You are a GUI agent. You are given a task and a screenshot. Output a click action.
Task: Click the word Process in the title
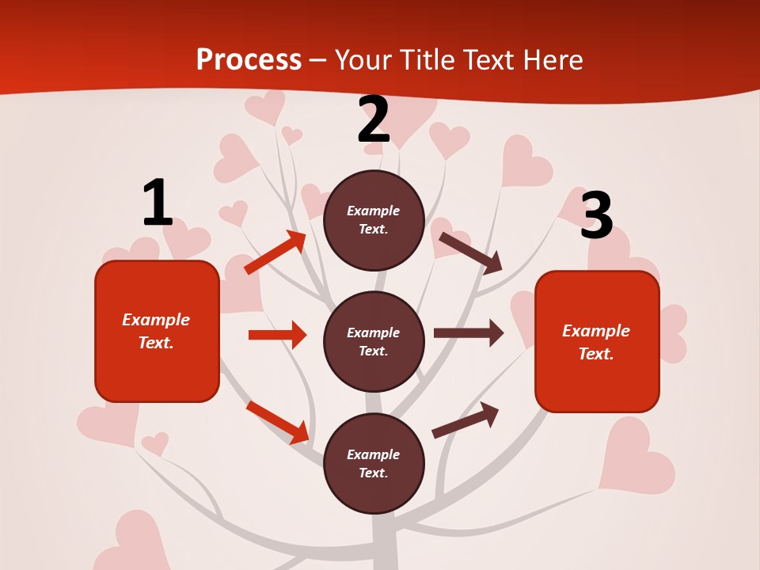coord(249,60)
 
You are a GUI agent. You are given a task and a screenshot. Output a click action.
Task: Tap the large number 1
coord(157,203)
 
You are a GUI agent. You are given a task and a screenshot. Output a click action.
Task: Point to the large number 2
coord(374,120)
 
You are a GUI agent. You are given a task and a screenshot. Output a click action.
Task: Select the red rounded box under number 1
coord(157,331)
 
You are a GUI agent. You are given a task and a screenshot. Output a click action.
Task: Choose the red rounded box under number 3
coord(597,342)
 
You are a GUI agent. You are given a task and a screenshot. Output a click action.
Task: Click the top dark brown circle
coord(374,220)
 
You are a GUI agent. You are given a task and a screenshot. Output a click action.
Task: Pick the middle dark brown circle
coord(374,342)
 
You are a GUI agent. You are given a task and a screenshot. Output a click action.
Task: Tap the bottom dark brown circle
coord(374,464)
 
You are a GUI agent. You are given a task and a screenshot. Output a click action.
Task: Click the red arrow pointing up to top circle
coord(275,253)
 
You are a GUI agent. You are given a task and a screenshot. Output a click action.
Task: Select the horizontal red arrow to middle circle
coord(277,335)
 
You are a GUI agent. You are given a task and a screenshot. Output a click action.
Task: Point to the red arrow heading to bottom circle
coord(277,422)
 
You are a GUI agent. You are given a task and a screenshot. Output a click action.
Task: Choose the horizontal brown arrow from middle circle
coord(469,333)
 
